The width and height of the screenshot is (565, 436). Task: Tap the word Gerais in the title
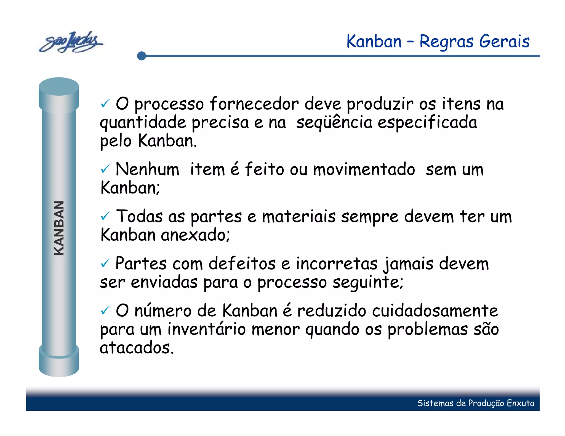pyautogui.click(x=504, y=41)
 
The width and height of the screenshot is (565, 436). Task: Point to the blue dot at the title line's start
pyautogui.click(x=142, y=56)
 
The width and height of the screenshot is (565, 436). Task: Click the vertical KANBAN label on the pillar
pyautogui.click(x=59, y=228)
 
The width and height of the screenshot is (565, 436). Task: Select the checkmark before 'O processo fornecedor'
pyautogui.click(x=105, y=104)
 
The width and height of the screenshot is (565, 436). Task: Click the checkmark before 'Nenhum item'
pyautogui.click(x=105, y=169)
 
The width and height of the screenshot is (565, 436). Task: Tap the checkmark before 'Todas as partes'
pyautogui.click(x=105, y=216)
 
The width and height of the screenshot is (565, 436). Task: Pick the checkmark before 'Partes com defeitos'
pyautogui.click(x=105, y=263)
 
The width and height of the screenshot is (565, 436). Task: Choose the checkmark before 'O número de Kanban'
pyautogui.click(x=105, y=311)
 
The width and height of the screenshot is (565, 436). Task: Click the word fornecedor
pyautogui.click(x=254, y=104)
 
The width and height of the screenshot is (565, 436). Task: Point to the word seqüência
pyautogui.click(x=334, y=122)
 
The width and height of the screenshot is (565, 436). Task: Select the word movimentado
pyautogui.click(x=364, y=169)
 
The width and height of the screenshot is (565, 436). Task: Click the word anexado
pyautogui.click(x=195, y=235)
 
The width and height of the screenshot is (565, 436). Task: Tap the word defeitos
pyautogui.click(x=242, y=263)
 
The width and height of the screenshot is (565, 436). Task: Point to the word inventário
pyautogui.click(x=206, y=329)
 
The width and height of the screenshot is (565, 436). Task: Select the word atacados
pyautogui.click(x=137, y=348)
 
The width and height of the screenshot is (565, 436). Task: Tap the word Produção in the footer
pyautogui.click(x=486, y=403)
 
